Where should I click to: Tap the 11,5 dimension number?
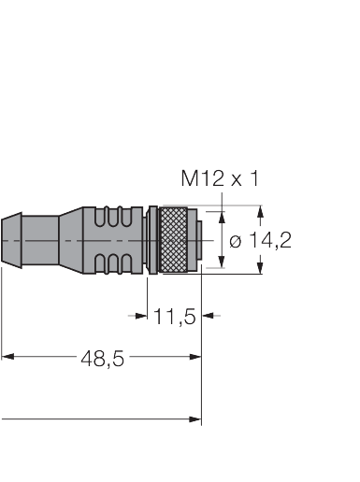[x=174, y=317]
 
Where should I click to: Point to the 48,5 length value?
[x=104, y=357]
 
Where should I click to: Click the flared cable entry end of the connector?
[x=11, y=239]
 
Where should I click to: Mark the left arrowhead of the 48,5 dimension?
[x=7, y=356]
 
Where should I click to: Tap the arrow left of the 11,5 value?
[x=143, y=316]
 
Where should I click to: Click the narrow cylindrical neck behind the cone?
[x=42, y=239]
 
